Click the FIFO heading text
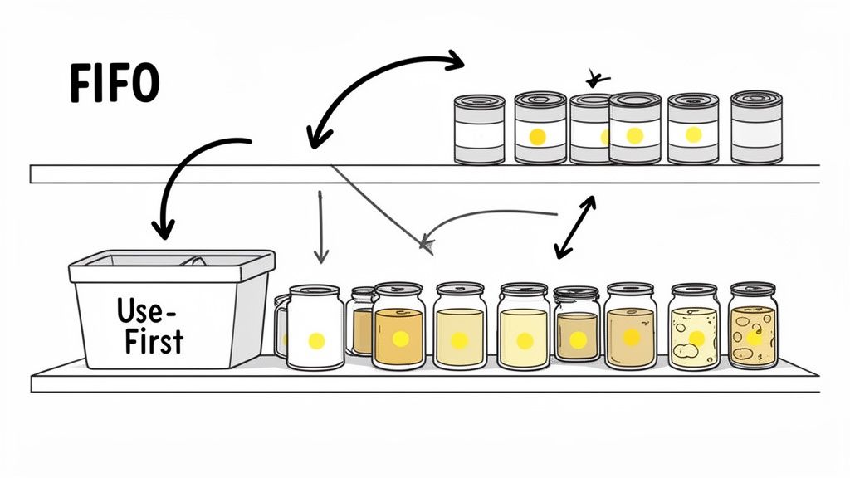[x=114, y=84]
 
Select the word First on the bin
[x=154, y=340]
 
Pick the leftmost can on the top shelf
[x=479, y=129]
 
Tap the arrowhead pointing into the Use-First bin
[x=164, y=226]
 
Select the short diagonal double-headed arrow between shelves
[x=574, y=226]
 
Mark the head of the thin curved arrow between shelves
[x=427, y=243]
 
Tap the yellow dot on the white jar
[x=316, y=340]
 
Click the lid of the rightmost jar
[x=753, y=290]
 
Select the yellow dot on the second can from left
[x=537, y=135]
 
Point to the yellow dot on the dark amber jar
[x=578, y=339]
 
